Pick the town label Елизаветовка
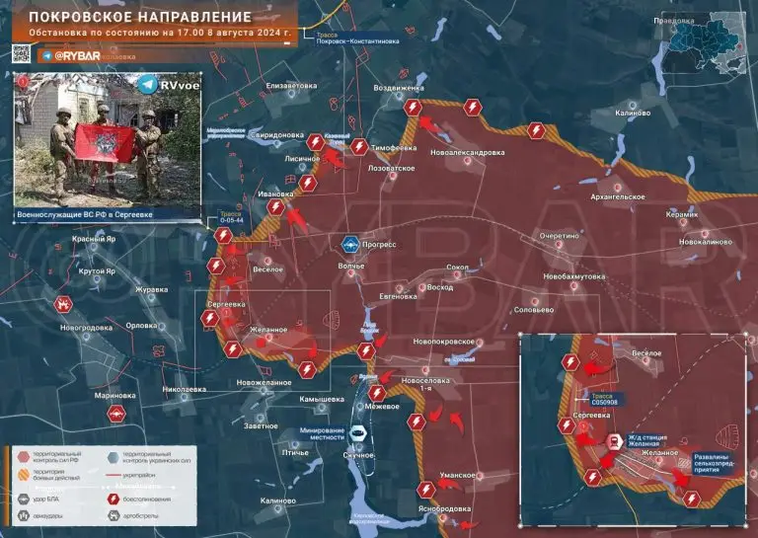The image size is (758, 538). (x=284, y=86)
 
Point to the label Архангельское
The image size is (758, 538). (x=618, y=196)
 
